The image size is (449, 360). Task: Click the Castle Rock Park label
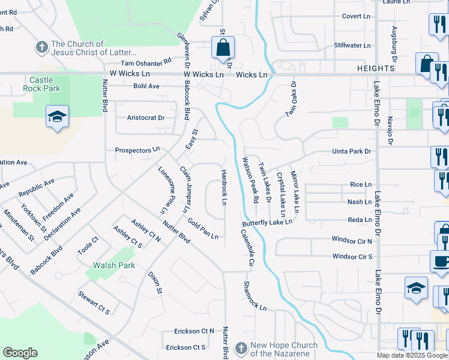point(41,84)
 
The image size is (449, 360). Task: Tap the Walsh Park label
point(113,265)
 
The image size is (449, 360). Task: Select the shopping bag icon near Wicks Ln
point(223,48)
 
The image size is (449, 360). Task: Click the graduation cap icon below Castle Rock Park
point(57,116)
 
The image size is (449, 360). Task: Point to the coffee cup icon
point(441,262)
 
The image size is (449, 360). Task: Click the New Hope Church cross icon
point(241,348)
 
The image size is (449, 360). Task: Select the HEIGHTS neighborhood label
point(375,68)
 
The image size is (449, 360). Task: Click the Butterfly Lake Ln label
point(267,223)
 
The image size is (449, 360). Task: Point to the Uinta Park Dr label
point(352,152)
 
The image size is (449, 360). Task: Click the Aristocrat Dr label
point(146,118)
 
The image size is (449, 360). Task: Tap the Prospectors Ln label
point(137,149)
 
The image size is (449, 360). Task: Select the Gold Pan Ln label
point(202,229)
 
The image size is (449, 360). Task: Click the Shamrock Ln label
point(255,296)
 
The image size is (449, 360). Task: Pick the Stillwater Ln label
point(352,45)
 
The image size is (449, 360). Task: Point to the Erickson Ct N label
point(194,331)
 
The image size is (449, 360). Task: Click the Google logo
point(20,353)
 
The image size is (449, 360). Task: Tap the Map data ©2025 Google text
point(412,355)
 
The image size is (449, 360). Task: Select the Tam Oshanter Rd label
point(146,62)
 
